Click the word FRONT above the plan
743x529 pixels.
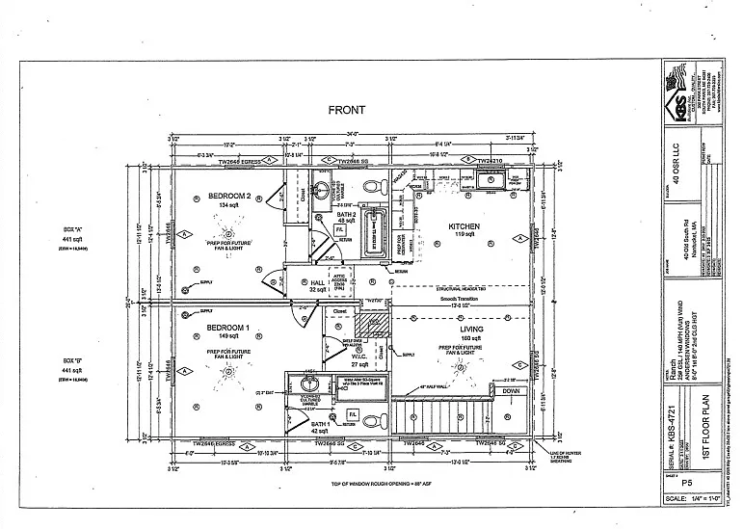346,110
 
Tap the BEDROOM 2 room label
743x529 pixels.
228,197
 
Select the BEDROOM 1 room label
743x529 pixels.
227,329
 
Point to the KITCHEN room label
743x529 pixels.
464,227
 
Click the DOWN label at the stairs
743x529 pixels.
511,392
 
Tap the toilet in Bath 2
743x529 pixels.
374,185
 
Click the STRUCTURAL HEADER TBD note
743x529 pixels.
464,288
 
